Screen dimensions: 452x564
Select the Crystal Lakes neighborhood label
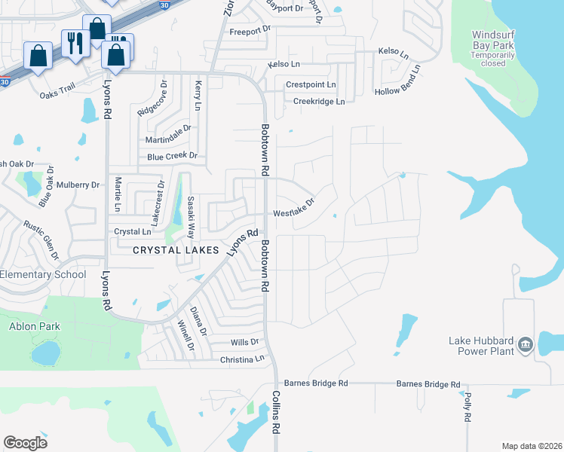pyautogui.click(x=176, y=250)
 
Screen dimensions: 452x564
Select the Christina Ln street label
pyautogui.click(x=242, y=360)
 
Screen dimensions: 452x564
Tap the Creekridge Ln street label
pyautogui.click(x=318, y=101)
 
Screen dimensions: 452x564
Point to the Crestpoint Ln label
pyautogui.click(x=311, y=85)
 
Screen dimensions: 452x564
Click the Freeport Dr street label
pyautogui.click(x=250, y=31)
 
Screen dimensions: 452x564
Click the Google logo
pyautogui.click(x=25, y=443)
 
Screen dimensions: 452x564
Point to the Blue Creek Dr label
pyautogui.click(x=172, y=157)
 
